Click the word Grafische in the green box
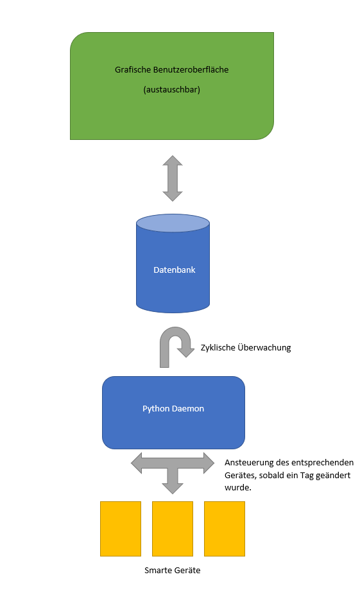133,70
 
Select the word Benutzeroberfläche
191,70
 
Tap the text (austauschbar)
172,90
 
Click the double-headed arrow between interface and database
173,178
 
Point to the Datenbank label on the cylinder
175,270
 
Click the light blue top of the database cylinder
173,223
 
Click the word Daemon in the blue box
188,409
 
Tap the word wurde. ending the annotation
238,488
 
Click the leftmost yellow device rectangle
121,529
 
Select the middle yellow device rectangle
173,529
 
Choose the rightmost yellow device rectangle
225,529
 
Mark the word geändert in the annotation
332,476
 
